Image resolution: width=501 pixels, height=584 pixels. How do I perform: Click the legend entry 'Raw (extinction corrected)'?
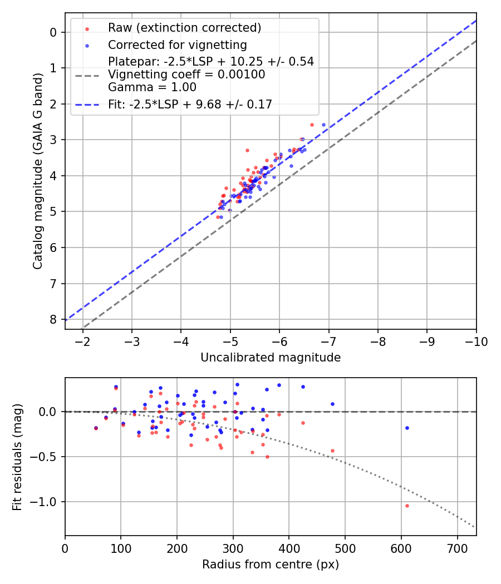pos(184,28)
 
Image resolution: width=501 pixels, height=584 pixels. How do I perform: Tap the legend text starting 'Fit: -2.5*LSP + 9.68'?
pos(190,105)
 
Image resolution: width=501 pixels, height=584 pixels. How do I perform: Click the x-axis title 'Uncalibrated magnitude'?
pos(271,358)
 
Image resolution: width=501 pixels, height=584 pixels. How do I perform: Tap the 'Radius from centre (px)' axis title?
pos(271,565)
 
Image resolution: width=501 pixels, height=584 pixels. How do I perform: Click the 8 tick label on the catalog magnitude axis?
pos(54,319)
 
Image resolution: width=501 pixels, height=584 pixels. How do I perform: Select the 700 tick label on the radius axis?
pos(457,548)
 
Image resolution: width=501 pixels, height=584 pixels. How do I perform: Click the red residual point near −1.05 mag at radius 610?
pos(407,506)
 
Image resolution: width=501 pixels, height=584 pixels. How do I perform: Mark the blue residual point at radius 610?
pos(407,428)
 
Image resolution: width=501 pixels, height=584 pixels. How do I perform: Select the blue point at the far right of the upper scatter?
pos(323,125)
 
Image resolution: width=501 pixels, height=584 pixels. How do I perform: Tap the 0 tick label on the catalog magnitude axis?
pos(54,32)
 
